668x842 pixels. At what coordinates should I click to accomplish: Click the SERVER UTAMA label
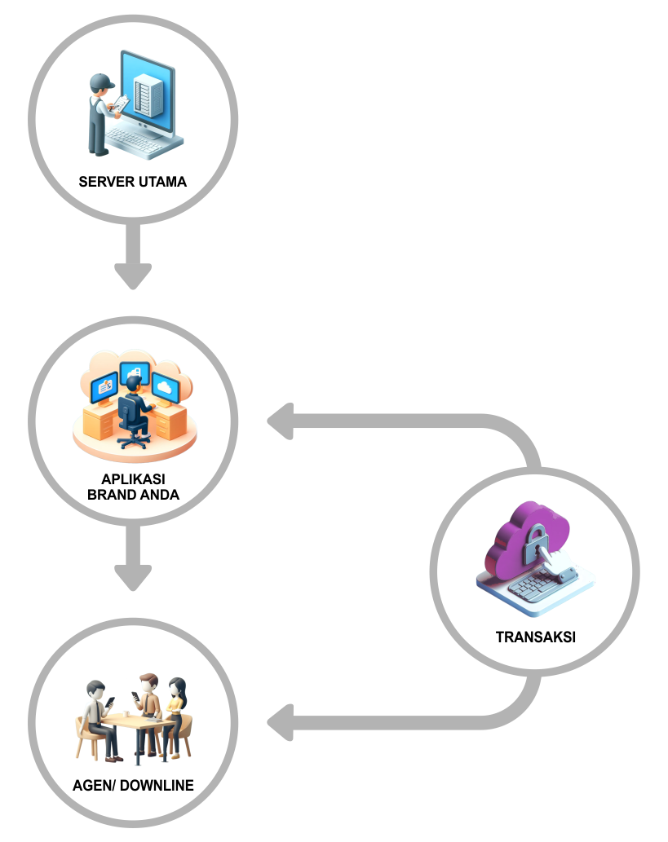click(132, 182)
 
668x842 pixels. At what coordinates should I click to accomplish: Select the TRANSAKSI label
click(535, 637)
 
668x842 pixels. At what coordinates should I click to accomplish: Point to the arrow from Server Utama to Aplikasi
click(133, 257)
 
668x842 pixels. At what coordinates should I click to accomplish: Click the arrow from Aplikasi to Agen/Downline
click(133, 558)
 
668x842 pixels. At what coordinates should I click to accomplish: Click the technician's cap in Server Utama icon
click(102, 80)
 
